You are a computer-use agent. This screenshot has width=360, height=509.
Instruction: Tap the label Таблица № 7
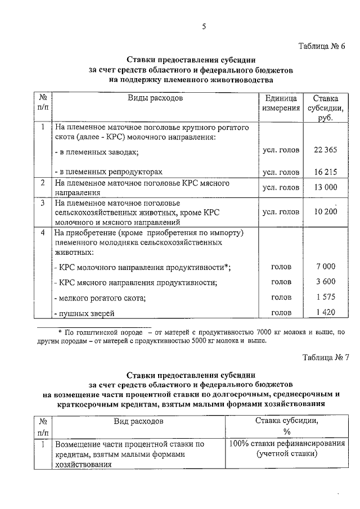(x=325, y=357)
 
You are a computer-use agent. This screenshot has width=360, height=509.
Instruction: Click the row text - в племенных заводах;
(x=96, y=152)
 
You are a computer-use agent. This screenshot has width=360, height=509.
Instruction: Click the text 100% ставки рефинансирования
(x=287, y=444)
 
